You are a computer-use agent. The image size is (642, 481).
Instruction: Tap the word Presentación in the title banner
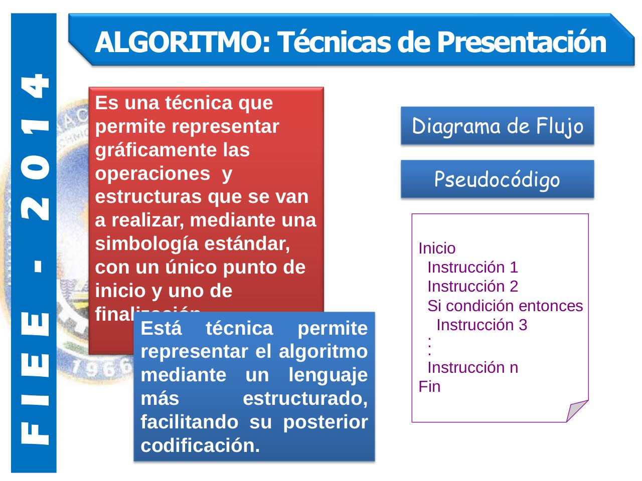tap(521, 42)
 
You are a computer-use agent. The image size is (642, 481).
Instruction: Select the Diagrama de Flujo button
tap(498, 126)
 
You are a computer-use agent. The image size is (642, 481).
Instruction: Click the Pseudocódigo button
tap(498, 179)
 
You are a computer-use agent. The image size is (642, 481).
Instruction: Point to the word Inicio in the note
tap(437, 248)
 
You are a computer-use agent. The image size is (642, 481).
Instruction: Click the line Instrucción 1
tap(472, 267)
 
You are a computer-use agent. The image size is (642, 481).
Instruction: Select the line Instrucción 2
tap(472, 287)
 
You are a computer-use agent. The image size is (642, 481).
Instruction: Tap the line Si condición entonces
tap(505, 306)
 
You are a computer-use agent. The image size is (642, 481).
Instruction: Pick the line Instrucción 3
tap(481, 325)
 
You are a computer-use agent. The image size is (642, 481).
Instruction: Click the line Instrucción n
tap(472, 368)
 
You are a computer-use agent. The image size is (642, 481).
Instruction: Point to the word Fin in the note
tap(430, 387)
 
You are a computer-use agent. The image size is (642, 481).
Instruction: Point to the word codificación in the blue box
tap(201, 445)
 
